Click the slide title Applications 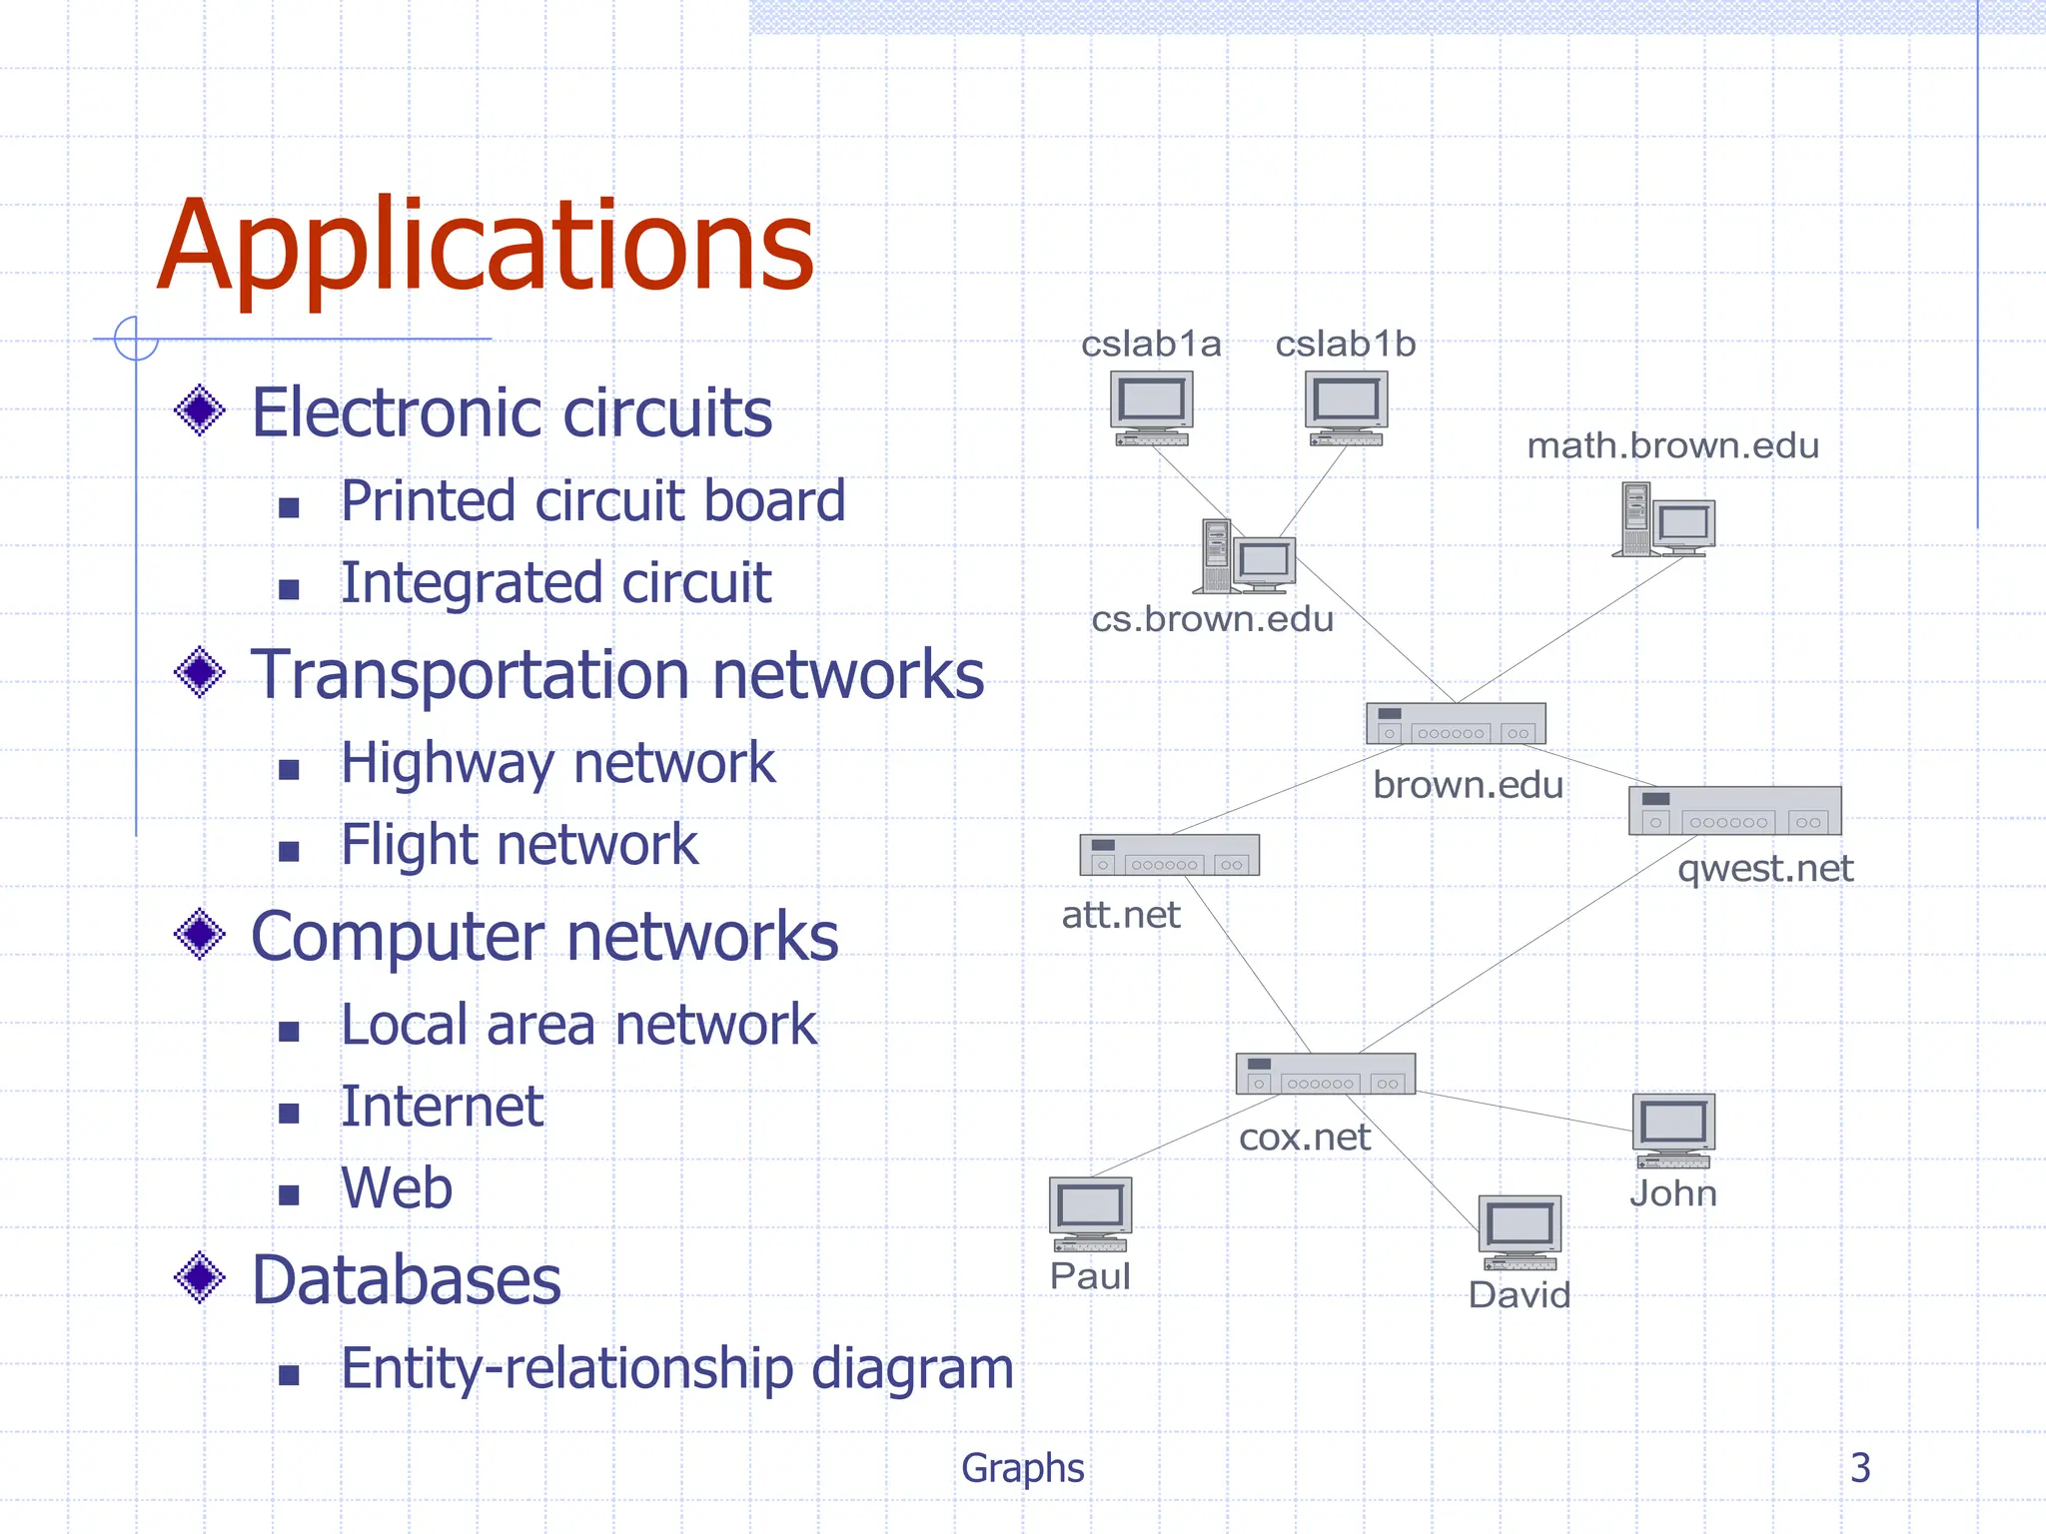(x=486, y=247)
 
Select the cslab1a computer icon (x=1152, y=408)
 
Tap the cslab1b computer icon (x=1346, y=408)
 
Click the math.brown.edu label (x=1672, y=445)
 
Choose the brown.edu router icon (x=1456, y=724)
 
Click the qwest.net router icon (x=1734, y=811)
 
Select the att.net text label (x=1121, y=915)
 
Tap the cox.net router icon (x=1325, y=1074)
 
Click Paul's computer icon (x=1090, y=1213)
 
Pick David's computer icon (x=1519, y=1232)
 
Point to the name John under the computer (x=1673, y=1193)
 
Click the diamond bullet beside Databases (x=200, y=1277)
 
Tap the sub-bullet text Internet (x=442, y=1107)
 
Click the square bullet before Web (x=290, y=1194)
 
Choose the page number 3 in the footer (x=1859, y=1467)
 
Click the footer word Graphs (x=1022, y=1468)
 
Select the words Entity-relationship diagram (x=676, y=1368)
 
